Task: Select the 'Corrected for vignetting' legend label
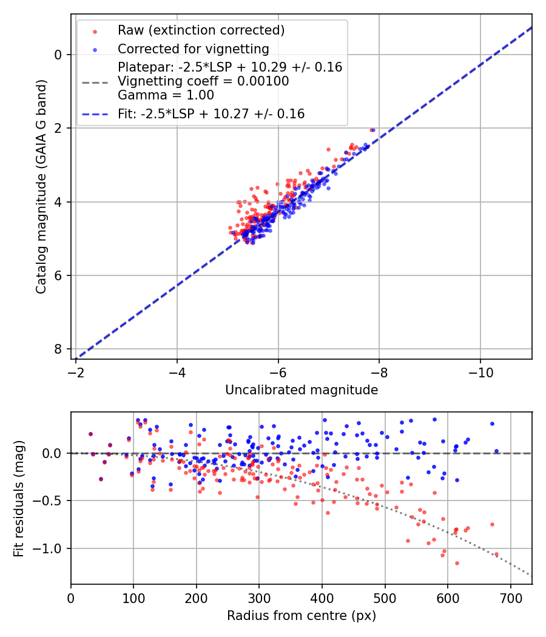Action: pos(193,49)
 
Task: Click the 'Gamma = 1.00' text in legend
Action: pos(166,95)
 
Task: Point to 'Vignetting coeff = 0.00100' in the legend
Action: pos(203,81)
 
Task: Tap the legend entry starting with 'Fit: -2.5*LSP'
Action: pos(211,113)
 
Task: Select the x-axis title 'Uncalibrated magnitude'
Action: pos(302,390)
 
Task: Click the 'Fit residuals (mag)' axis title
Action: pos(19,498)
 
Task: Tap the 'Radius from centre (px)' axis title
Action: pos(302,616)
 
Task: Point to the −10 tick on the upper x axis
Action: pos(480,369)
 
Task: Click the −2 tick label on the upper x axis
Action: pos(76,369)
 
